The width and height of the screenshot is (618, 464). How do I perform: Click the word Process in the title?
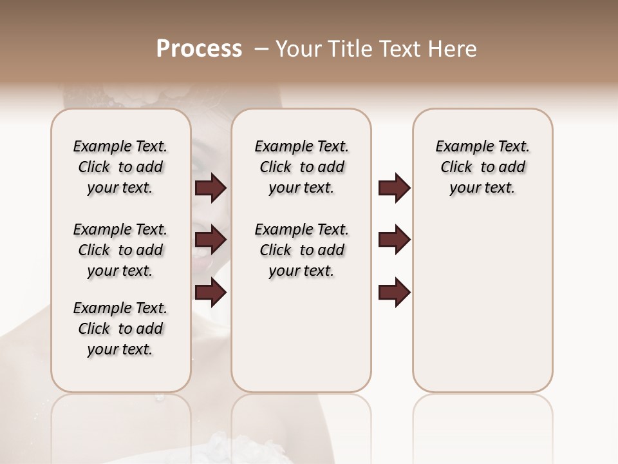tap(199, 49)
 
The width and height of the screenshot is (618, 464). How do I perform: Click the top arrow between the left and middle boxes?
tap(211, 188)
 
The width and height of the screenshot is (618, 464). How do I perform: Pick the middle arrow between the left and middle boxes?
tap(211, 240)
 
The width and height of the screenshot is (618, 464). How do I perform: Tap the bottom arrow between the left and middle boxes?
tap(211, 293)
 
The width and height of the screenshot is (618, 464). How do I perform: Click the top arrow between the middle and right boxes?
tap(394, 188)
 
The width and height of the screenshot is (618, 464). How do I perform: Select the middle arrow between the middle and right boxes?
tap(394, 240)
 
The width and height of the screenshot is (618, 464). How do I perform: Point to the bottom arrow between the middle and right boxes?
tap(394, 293)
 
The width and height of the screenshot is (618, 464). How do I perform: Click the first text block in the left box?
tap(120, 167)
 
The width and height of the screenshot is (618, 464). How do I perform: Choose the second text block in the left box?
tap(120, 250)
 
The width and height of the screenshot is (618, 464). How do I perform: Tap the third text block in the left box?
tap(120, 329)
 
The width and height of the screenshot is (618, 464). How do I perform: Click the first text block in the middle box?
tap(301, 167)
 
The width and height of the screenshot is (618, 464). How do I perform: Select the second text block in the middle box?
tap(301, 250)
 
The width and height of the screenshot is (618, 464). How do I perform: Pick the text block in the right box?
tap(482, 167)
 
